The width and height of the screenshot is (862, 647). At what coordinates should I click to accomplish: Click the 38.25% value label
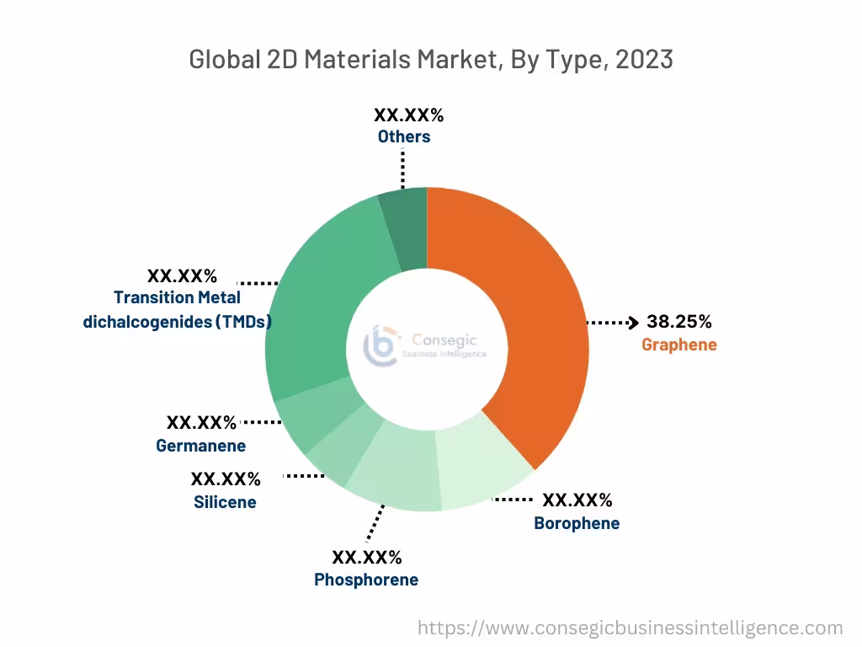coord(679,322)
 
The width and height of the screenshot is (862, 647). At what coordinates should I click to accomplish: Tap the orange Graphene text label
coord(679,344)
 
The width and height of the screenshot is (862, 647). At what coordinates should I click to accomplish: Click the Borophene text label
coord(577,523)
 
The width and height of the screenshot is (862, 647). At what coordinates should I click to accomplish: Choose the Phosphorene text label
coord(366,580)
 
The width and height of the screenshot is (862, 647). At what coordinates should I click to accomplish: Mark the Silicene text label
coord(225,502)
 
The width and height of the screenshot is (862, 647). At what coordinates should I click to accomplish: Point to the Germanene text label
coord(201,446)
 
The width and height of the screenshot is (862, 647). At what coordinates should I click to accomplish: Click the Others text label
coord(404,136)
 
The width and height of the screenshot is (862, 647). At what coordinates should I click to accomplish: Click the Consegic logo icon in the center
coord(380,346)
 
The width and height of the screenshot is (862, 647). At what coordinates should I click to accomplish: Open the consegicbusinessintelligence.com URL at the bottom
coord(631,628)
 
